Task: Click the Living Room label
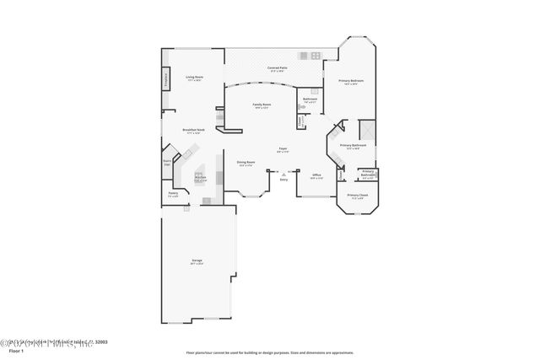coord(194,77)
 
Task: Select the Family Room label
coord(262,105)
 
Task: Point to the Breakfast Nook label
coord(194,130)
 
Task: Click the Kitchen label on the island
coord(200,178)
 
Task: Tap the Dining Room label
coord(246,162)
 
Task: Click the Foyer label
coord(283,148)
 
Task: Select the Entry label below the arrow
coord(283,180)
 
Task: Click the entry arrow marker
coord(283,174)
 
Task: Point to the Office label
coord(316,175)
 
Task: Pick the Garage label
coord(197,261)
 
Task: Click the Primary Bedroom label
coord(349,81)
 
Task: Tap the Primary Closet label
coord(358,195)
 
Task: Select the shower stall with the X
coord(366,131)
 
